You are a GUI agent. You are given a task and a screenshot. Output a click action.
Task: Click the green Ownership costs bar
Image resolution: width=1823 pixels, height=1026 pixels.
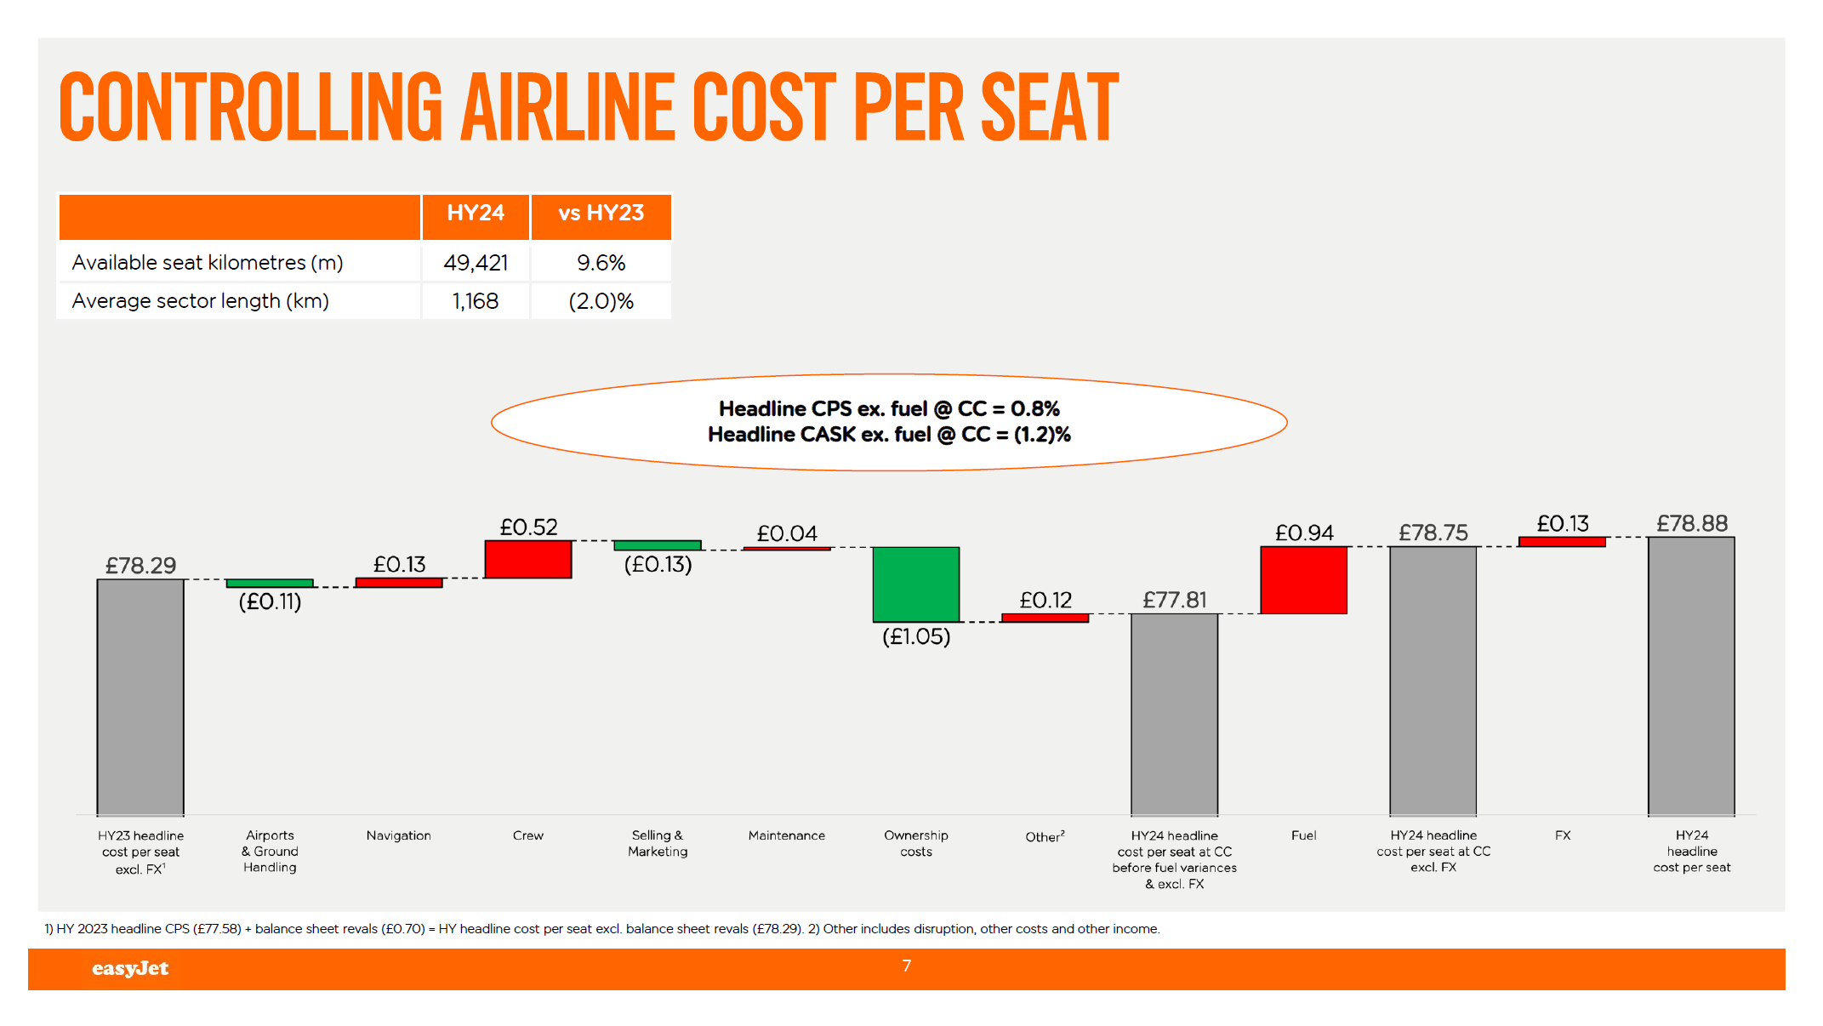click(915, 584)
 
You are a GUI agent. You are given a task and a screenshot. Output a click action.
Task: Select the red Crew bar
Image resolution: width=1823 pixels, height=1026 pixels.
click(527, 559)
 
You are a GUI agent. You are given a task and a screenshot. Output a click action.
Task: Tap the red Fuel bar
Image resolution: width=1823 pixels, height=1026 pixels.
click(1303, 579)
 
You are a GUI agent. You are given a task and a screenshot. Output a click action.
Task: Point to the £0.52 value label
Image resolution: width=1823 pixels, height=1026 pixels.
click(528, 527)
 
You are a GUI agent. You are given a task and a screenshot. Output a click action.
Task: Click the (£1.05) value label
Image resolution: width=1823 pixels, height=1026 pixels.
click(915, 636)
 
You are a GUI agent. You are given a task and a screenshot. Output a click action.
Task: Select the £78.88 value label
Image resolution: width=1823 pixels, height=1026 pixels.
click(1691, 523)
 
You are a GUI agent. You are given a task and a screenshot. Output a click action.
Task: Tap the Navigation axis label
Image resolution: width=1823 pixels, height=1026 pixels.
click(398, 835)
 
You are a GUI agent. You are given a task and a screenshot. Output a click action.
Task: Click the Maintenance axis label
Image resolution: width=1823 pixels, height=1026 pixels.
click(786, 835)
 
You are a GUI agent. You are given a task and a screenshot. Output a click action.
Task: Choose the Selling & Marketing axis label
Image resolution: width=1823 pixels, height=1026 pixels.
click(657, 843)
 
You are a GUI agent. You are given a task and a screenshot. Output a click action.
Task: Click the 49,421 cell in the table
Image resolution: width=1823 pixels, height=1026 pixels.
click(476, 263)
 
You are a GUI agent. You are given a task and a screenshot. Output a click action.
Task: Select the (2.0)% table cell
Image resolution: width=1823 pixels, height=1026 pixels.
click(601, 301)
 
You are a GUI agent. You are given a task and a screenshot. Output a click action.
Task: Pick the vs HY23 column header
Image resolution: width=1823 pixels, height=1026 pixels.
click(601, 213)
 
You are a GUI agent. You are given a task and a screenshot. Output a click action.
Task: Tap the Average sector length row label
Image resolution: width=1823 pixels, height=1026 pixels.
click(200, 301)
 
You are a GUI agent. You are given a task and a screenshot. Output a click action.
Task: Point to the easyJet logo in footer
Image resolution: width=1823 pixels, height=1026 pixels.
click(130, 968)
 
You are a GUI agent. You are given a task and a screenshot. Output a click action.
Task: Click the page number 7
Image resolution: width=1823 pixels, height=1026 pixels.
click(906, 966)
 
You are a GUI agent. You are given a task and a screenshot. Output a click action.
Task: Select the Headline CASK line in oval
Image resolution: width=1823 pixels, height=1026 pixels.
click(888, 435)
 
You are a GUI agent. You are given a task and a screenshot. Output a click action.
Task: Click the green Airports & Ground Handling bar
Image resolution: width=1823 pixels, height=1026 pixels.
click(269, 583)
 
